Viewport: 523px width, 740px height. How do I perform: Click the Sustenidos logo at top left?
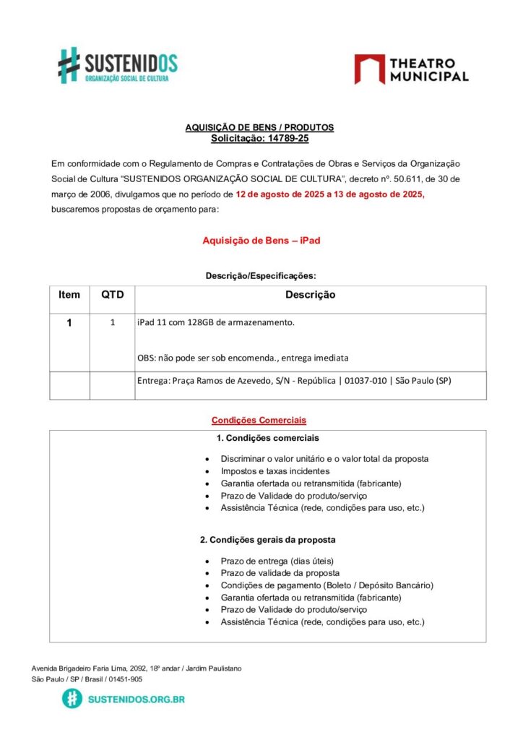coord(118,65)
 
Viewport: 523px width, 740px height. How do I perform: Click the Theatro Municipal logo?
coord(411,69)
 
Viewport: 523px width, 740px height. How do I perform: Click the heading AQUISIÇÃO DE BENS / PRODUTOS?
coord(259,127)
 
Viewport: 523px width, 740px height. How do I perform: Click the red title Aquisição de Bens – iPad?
coord(261,241)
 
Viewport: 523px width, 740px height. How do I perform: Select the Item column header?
coord(69,295)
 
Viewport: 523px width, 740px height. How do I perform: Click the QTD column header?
coord(112,295)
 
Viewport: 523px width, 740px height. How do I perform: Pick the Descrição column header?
coord(310,295)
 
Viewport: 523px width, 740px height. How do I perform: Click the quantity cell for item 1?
coord(112,323)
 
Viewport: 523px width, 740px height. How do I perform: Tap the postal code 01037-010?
coord(365,381)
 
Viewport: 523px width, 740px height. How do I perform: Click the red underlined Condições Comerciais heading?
coord(259,420)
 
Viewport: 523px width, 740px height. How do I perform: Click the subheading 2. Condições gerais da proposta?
coord(267,540)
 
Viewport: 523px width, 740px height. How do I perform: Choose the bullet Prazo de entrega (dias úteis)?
coord(277,561)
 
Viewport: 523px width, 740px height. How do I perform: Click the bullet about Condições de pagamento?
coord(327,585)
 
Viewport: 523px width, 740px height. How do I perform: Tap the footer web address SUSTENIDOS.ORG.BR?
coord(135,699)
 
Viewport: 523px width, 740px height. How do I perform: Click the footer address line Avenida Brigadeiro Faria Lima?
coord(137,668)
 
